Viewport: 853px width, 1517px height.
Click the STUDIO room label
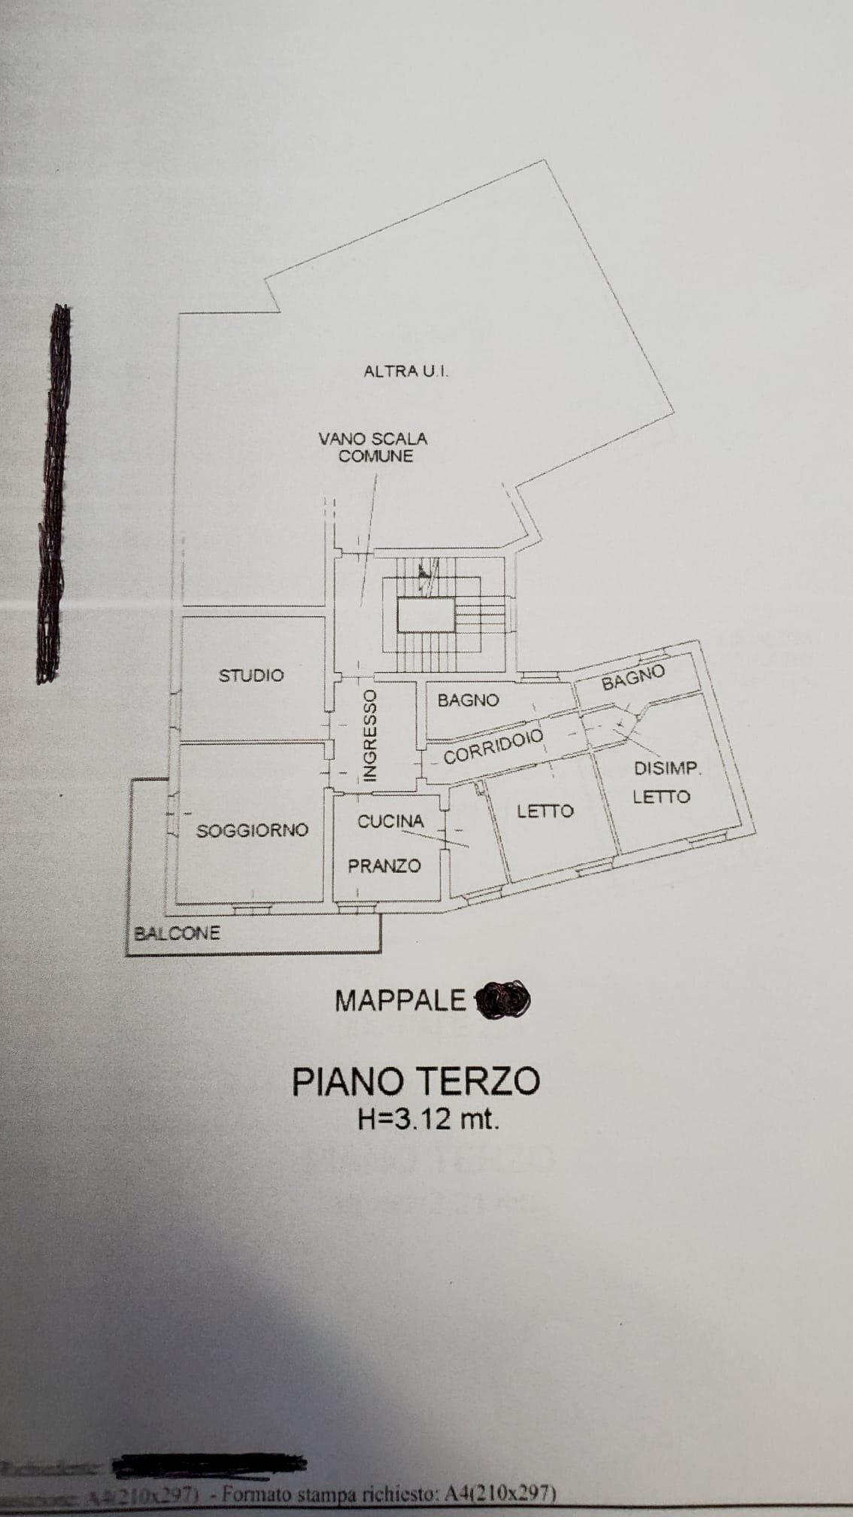(251, 675)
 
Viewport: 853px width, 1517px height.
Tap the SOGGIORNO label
(252, 831)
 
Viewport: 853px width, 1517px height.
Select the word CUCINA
(390, 821)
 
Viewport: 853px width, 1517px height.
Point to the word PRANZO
(384, 866)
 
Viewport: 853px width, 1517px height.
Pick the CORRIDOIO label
(493, 745)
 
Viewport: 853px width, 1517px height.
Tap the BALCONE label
(177, 934)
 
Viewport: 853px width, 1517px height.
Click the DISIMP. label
(667, 769)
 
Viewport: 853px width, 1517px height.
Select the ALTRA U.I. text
(406, 371)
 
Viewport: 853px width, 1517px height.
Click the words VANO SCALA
(373, 438)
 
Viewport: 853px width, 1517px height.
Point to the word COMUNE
(375, 456)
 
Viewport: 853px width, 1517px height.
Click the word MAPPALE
(400, 1000)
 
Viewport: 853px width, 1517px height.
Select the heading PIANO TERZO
(416, 1082)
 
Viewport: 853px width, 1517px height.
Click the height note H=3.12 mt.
(429, 1120)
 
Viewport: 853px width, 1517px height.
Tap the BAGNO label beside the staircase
(468, 700)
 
